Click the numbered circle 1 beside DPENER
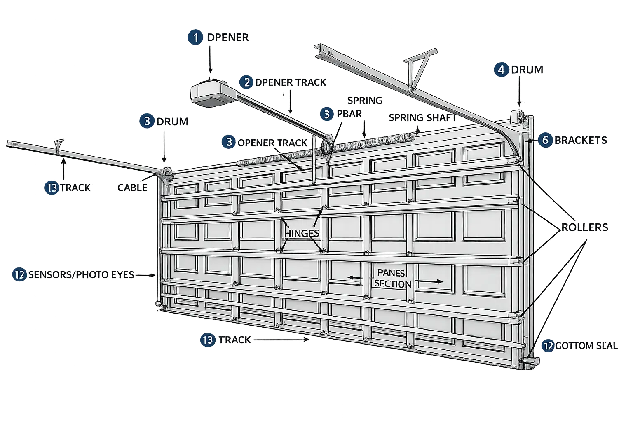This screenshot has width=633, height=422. tap(195, 38)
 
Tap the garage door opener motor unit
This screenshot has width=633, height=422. tap(213, 94)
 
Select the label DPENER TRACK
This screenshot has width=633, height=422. tap(291, 82)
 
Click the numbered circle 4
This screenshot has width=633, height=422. tap(501, 70)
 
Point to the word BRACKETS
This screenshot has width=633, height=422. tap(581, 140)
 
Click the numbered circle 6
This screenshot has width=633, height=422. tap(545, 140)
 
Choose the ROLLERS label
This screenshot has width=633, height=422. tap(585, 227)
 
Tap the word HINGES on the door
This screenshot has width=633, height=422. tap(302, 234)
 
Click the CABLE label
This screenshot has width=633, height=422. tap(132, 188)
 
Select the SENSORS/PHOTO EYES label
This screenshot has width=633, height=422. tap(81, 275)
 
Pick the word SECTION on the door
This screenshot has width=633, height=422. tap(393, 284)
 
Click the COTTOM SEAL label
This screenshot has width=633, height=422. tap(586, 346)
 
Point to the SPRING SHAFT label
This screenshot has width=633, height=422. tap(422, 117)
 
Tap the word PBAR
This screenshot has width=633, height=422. tap(349, 114)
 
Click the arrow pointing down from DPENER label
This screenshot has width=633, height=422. tap(210, 60)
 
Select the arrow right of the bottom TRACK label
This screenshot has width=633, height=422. tap(281, 340)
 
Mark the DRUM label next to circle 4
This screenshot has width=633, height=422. tap(527, 70)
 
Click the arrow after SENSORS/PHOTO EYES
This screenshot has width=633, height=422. tap(145, 275)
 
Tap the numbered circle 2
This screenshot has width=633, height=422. tap(246, 82)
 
